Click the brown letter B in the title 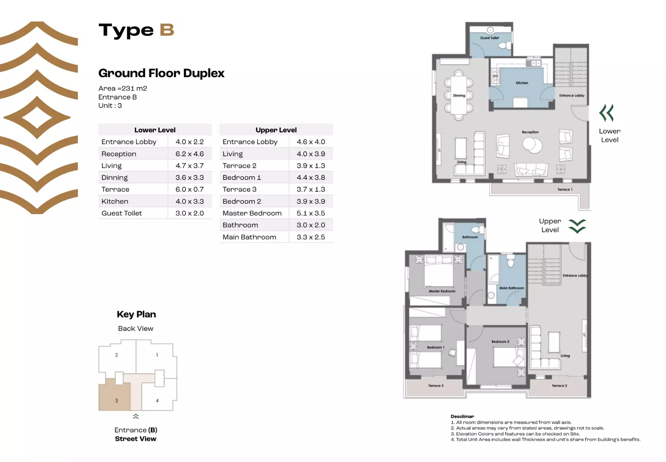[167, 30]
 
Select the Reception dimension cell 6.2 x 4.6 [189, 154]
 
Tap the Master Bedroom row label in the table [252, 213]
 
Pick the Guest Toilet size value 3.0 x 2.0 [189, 213]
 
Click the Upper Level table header [276, 130]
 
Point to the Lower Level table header [155, 130]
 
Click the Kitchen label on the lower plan [522, 83]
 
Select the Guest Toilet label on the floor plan [489, 38]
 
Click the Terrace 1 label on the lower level [565, 190]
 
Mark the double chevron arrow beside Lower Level [607, 113]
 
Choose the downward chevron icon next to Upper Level [577, 226]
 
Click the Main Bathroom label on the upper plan [511, 288]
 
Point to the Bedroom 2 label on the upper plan [500, 342]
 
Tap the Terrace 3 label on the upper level [436, 386]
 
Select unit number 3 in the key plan [117, 400]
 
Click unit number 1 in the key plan [157, 355]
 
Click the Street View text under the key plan [136, 439]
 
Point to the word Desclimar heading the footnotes [462, 416]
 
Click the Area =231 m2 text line [123, 89]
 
